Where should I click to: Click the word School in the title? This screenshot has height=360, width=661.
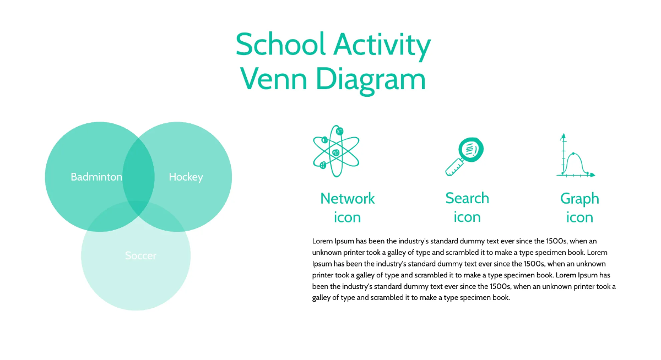pyautogui.click(x=280, y=44)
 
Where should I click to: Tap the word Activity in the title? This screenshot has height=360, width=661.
pyautogui.click(x=382, y=46)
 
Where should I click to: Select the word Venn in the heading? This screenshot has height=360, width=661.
pyautogui.click(x=274, y=79)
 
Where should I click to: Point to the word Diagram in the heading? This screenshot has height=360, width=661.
pyautogui.click(x=371, y=81)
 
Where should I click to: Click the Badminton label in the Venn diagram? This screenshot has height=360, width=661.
pyautogui.click(x=96, y=177)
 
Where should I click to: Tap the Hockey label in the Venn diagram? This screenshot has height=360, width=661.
pyautogui.click(x=186, y=177)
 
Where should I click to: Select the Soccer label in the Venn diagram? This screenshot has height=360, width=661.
pyautogui.click(x=140, y=255)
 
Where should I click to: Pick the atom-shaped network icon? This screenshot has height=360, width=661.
pyautogui.click(x=336, y=151)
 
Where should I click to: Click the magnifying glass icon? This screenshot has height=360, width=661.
pyautogui.click(x=464, y=156)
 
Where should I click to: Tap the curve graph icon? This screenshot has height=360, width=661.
pyautogui.click(x=576, y=156)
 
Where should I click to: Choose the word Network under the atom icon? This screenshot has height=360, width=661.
pyautogui.click(x=348, y=198)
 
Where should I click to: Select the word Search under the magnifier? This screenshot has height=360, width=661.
pyautogui.click(x=467, y=198)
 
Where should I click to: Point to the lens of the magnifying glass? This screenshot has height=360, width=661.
pyautogui.click(x=471, y=150)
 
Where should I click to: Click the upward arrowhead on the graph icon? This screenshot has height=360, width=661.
pyautogui.click(x=564, y=136)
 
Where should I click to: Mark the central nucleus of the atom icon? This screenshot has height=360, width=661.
pyautogui.click(x=336, y=152)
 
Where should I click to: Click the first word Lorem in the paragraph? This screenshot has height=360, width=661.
pyautogui.click(x=322, y=241)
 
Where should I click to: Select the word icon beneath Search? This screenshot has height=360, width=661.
pyautogui.click(x=467, y=217)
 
